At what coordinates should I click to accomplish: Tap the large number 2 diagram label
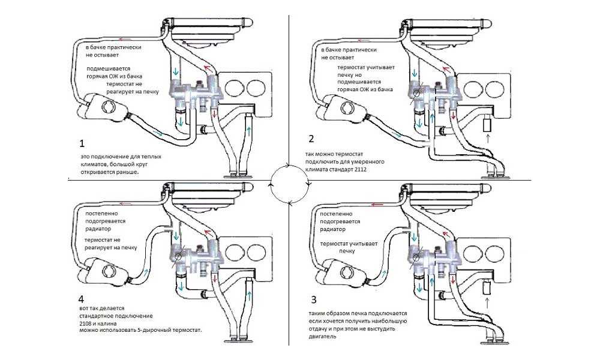coord(311,139)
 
